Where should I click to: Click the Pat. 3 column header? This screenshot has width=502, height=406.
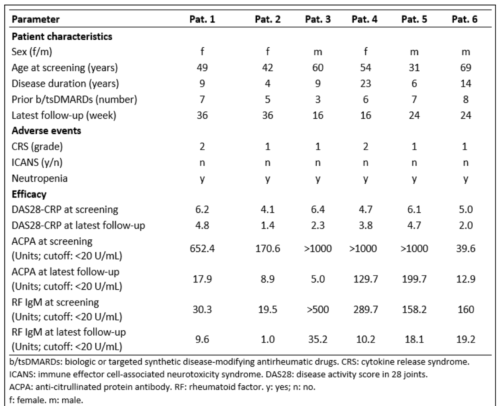coord(318,19)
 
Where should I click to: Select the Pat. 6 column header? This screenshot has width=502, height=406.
coord(464,19)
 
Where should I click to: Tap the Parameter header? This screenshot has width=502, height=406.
coord(36,19)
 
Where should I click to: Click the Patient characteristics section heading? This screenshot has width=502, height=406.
coord(62,36)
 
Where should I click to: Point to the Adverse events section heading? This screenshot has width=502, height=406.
coord(46,131)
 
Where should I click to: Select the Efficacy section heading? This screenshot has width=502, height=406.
coord(29,194)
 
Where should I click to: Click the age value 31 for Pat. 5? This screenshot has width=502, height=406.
coord(414,68)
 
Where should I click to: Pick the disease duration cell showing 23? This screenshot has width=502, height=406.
coord(365,84)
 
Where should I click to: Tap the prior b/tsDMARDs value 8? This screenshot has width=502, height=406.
coord(466,100)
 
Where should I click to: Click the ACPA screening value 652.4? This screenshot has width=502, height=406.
coord(202,249)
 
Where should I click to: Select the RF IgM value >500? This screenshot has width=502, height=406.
coord(318,309)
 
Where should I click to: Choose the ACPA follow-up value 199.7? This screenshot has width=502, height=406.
coord(414,279)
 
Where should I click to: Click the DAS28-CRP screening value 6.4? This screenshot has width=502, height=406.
coord(318,209)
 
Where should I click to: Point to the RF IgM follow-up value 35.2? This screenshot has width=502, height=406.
coord(318,339)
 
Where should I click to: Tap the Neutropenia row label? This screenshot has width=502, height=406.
coord(40,178)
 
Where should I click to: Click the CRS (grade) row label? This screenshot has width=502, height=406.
coord(37,146)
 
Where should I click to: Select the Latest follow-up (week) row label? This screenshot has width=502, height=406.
coord(64,116)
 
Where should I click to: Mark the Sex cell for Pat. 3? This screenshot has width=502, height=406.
coord(318,52)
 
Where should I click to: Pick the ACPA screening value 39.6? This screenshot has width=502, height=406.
coord(466,249)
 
